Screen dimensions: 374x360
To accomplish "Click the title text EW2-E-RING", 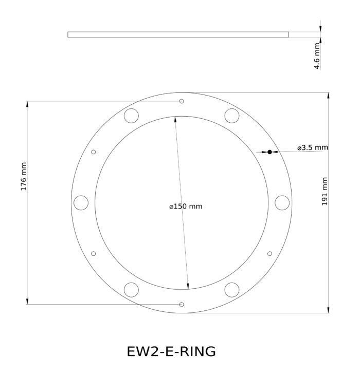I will click(171, 351).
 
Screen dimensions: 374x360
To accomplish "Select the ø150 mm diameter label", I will click(186, 207).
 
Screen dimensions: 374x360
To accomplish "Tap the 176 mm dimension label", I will click(24, 177).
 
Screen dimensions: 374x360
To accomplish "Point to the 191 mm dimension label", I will click(325, 192).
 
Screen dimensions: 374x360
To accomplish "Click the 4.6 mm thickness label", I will click(317, 56).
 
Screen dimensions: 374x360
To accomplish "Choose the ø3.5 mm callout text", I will click(312, 147).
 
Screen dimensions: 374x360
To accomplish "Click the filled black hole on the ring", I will click(269, 152).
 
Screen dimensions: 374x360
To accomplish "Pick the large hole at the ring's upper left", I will click(131, 116).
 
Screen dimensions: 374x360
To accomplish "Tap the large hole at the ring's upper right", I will click(231, 116).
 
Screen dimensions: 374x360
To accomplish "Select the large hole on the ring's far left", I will click(81, 203).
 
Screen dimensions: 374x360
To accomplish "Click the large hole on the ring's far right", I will click(282, 202).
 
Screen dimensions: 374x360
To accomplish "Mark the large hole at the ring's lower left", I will click(132, 290).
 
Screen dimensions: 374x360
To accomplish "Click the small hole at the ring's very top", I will click(182, 101).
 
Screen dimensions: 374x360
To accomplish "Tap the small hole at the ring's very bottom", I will click(182, 305).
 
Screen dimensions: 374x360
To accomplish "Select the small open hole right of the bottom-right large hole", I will click(269, 253).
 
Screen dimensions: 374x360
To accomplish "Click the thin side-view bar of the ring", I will click(178, 34).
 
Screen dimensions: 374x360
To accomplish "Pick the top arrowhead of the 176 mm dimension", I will click(27, 104).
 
